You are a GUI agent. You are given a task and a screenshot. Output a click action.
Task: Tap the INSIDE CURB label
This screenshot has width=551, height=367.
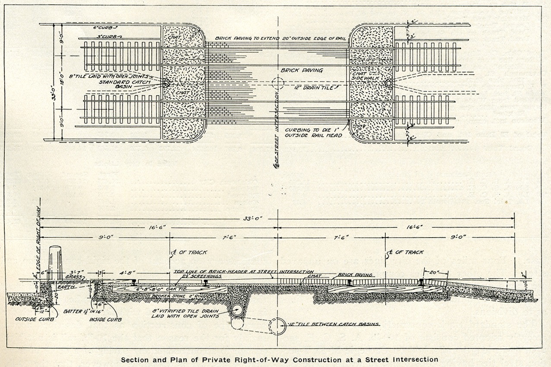tap(105, 320)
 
